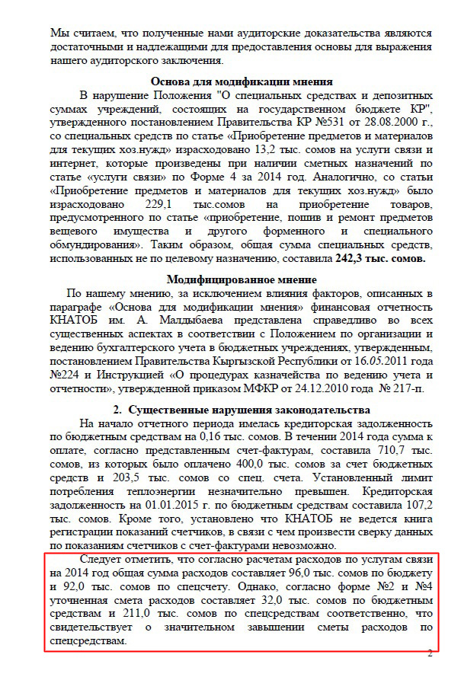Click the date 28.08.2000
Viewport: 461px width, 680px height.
398,121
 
